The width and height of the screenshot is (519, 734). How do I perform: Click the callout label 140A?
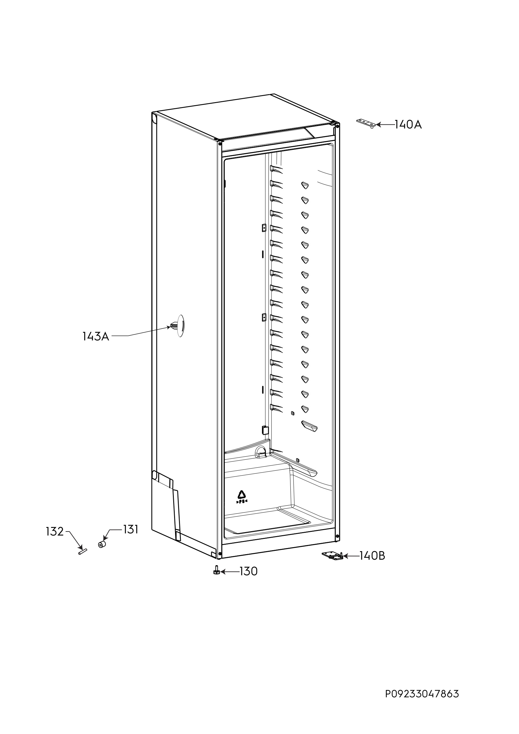408,125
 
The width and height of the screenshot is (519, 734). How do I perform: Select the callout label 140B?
372,556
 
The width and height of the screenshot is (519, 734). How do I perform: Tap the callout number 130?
249,571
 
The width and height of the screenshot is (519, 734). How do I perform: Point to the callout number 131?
131,530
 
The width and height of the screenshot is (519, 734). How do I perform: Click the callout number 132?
55,532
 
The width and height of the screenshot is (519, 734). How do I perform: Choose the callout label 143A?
96,336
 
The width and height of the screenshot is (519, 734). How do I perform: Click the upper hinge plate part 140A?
367,123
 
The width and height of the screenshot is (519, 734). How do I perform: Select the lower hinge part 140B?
333,556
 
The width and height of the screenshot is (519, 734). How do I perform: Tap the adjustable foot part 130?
216,570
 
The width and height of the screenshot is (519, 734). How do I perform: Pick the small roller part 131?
102,544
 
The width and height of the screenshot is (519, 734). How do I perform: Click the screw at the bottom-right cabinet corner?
338,536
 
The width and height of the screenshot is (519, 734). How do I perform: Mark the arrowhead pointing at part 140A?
379,125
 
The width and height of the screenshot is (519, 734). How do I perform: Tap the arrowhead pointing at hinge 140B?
346,556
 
